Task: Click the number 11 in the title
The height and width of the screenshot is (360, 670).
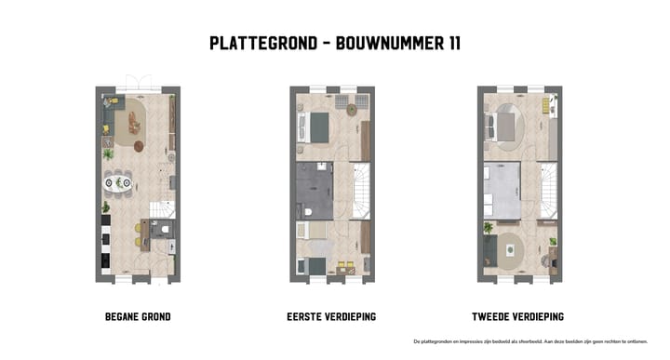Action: (450, 43)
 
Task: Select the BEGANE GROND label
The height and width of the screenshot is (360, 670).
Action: (138, 316)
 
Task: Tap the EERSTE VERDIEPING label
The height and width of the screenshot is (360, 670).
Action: (332, 316)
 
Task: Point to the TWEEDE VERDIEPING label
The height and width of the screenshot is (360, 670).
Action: (519, 316)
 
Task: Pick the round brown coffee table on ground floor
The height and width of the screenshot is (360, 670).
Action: (140, 146)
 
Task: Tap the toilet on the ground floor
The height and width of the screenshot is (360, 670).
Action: (162, 231)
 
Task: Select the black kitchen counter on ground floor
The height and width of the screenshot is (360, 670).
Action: (105, 244)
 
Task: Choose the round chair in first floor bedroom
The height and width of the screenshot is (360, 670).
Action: (354, 110)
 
